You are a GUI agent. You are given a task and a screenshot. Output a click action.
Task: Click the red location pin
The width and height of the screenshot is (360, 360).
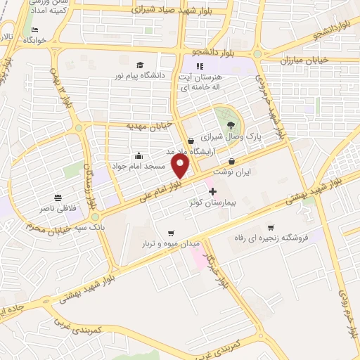(181, 166)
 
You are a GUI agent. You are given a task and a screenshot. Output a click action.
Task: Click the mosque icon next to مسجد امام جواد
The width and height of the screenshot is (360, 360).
(139, 155)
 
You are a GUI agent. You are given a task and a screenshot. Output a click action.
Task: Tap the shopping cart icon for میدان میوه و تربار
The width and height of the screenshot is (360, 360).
(170, 233)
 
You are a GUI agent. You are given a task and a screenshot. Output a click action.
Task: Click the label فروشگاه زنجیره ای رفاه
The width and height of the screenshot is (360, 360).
(271, 238)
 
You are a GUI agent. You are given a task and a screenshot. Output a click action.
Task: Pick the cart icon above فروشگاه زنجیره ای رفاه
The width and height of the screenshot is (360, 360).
(271, 227)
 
